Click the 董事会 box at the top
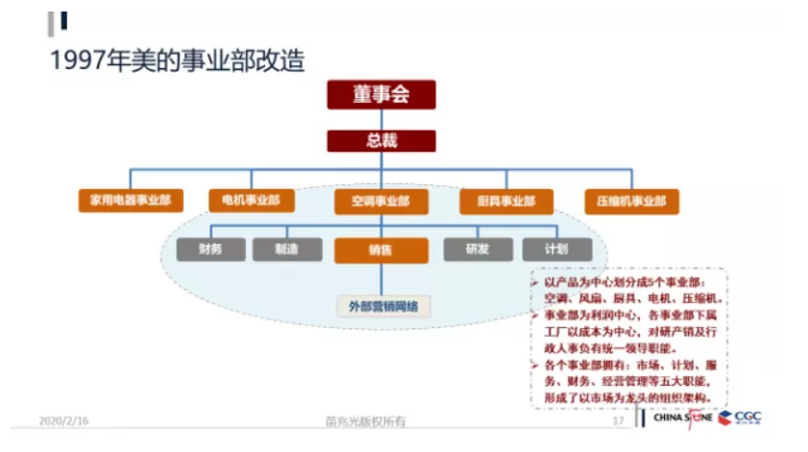pos(381,94)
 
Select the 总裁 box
pos(381,141)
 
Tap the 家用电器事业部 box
pos(130,202)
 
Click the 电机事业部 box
pos(251,201)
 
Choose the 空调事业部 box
pos(380,202)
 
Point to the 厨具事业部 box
pos(505,202)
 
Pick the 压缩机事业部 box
pos(631,202)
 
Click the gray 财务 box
pos(211,250)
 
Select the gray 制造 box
pos(287,250)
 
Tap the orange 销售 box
pos(380,250)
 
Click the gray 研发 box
pos(477,250)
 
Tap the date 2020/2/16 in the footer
pos(63,420)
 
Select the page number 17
pos(619,421)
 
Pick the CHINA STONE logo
pos(683,418)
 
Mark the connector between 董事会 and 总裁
pos(381,119)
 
